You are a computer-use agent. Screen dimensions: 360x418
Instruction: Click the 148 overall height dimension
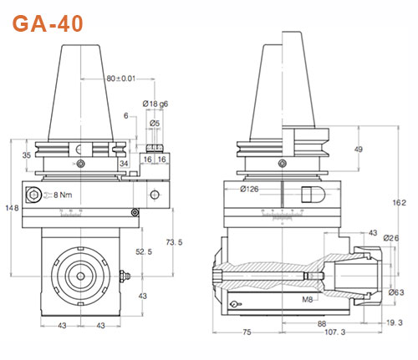coord(9,207)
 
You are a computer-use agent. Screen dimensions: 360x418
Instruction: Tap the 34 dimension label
coord(125,164)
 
